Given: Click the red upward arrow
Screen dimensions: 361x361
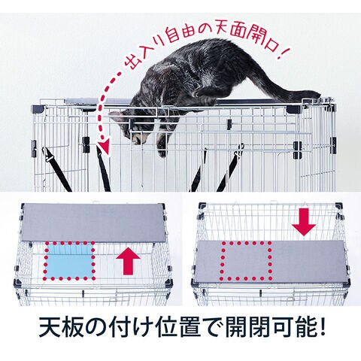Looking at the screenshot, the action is click(x=128, y=260).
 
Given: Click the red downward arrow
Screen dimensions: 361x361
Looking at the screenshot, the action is click(x=304, y=223).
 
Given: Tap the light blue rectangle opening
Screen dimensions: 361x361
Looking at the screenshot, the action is click(x=69, y=261).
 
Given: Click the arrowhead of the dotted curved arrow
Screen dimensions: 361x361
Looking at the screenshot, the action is click(x=104, y=147).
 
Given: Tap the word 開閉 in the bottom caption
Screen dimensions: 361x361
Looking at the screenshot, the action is click(x=247, y=328).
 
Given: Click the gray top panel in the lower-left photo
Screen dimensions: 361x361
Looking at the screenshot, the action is click(x=93, y=222).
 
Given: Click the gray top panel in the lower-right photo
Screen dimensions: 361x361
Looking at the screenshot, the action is click(x=272, y=262).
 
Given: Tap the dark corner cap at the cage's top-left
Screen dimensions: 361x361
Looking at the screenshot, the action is click(x=38, y=109).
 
